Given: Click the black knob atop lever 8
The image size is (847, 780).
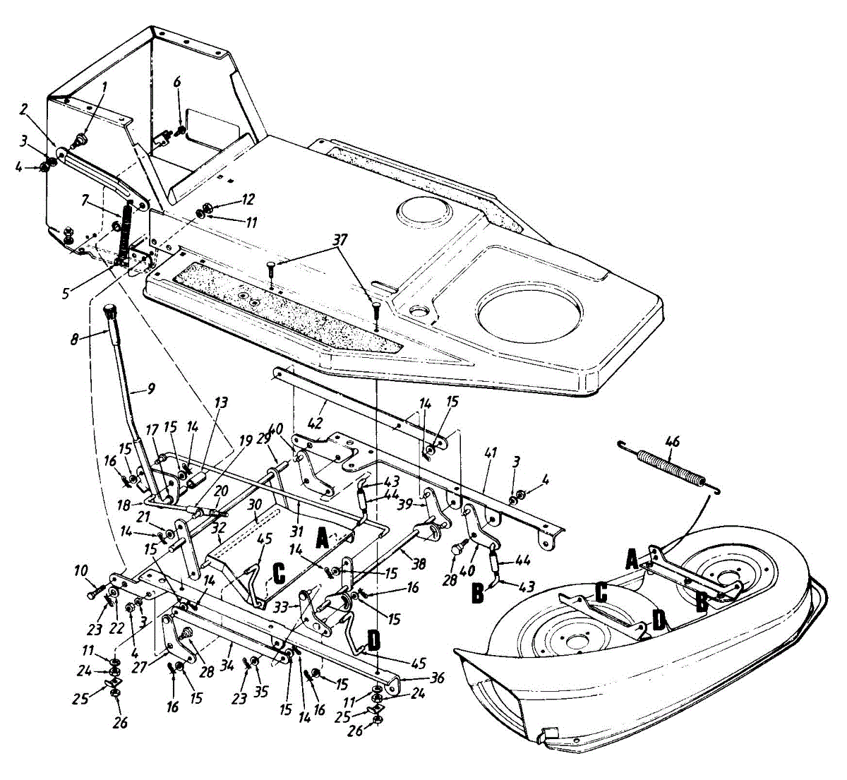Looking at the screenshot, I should [111, 311].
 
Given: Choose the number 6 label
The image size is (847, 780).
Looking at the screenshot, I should [177, 82].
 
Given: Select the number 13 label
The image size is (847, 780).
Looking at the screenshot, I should [222, 404].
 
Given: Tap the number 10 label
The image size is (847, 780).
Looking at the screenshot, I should [81, 570].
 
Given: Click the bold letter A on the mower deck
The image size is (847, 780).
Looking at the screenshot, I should [632, 561].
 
